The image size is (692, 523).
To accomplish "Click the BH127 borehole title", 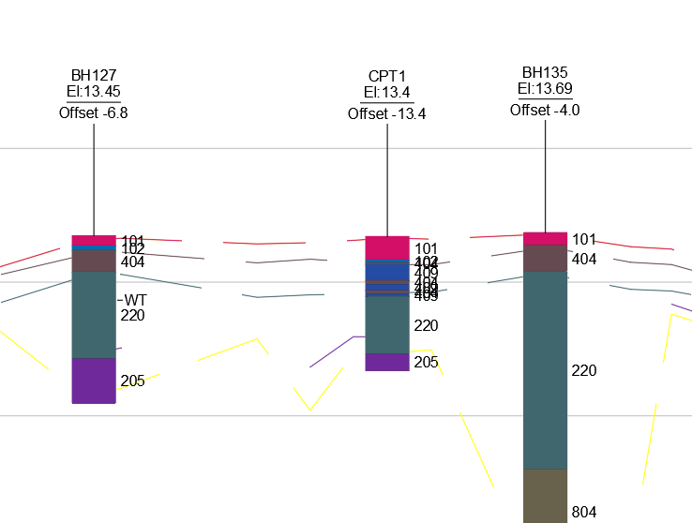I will tap(94, 75).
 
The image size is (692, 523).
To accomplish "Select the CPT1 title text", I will tap(387, 76).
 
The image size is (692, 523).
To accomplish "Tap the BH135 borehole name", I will tap(545, 72).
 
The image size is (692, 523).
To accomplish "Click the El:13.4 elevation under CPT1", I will tap(387, 92).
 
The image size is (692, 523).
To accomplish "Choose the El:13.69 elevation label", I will tap(545, 88).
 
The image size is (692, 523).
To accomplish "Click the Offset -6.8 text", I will tap(94, 112).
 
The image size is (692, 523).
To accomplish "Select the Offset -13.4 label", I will tap(387, 113).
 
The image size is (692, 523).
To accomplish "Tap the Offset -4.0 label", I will tap(545, 110).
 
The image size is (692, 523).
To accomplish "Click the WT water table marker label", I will tap(136, 300).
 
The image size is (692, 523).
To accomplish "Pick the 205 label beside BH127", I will tap(132, 381).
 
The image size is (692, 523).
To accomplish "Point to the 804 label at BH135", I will tap(584, 512).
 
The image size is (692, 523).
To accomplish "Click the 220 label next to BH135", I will tap(584, 371).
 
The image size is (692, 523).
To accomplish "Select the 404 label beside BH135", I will tap(584, 259).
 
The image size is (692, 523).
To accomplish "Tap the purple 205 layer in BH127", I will tap(94, 381).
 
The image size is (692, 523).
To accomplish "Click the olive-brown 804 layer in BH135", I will tap(546, 495).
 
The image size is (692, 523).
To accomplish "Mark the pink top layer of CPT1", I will tap(387, 247).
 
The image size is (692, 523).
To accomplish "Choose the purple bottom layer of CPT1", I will tap(387, 362).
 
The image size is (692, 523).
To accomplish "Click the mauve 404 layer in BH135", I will tap(546, 258).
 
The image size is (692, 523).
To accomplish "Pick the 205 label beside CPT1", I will tap(426, 362).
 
